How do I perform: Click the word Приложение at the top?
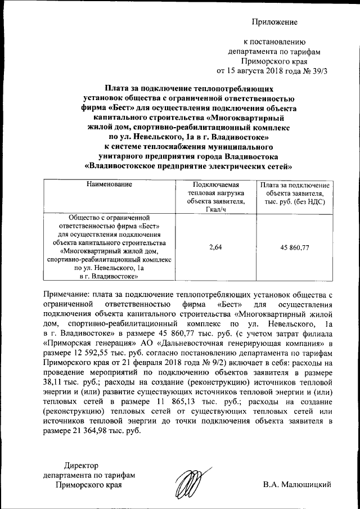[x=274, y=22]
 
